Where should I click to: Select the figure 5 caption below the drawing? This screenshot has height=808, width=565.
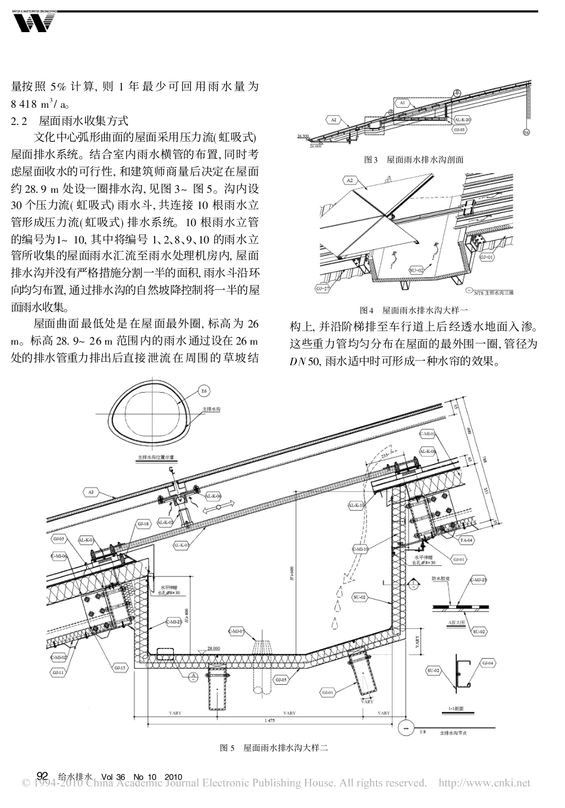click(274, 748)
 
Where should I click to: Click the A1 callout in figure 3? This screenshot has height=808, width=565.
click(403, 102)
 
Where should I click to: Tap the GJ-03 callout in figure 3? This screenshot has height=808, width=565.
click(459, 128)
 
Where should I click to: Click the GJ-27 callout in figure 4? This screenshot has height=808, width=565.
click(324, 289)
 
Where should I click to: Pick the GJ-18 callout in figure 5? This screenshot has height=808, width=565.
click(143, 524)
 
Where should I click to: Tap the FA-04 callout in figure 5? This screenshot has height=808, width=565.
click(466, 540)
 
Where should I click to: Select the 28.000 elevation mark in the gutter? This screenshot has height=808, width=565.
click(214, 648)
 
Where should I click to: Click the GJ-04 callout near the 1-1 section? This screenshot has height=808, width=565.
click(489, 662)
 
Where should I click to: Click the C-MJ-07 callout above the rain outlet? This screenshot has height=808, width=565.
click(237, 631)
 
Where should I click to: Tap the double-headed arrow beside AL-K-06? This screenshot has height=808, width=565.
click(219, 506)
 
